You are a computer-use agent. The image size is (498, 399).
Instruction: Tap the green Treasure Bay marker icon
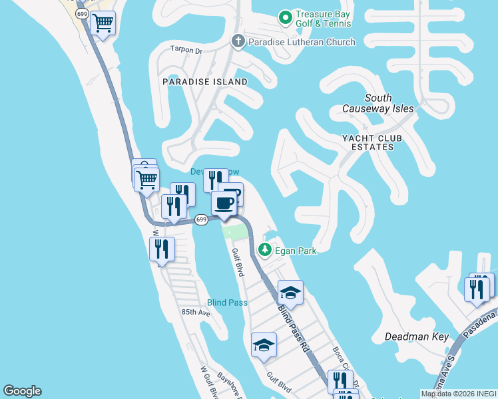click(x=286, y=17)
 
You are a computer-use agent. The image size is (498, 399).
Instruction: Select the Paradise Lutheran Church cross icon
click(x=238, y=42)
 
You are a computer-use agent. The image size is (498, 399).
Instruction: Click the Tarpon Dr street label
click(x=186, y=50)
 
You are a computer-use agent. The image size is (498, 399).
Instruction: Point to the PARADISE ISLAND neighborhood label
click(x=205, y=82)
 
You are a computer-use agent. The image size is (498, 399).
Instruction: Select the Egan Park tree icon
click(x=265, y=250)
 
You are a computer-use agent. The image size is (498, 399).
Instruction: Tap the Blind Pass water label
click(x=227, y=303)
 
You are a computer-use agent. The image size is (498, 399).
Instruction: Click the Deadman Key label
click(x=417, y=337)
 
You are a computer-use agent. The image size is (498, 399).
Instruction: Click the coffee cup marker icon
click(x=224, y=203)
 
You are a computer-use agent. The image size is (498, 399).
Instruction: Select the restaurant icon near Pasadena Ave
click(x=477, y=289)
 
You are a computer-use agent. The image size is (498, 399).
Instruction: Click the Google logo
click(x=22, y=391)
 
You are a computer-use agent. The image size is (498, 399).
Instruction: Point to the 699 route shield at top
click(x=82, y=13)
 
